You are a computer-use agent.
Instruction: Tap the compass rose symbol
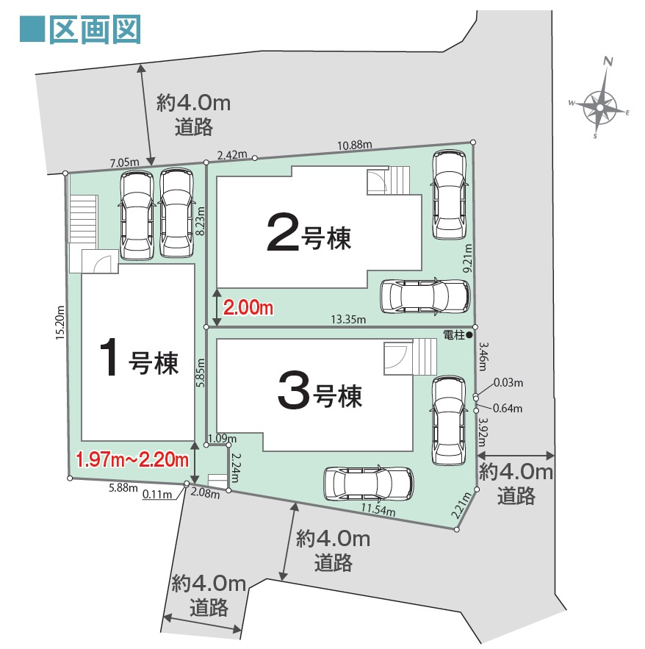tap(601, 107)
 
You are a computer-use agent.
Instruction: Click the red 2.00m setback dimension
tap(248, 309)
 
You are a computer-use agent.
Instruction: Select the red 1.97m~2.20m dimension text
tap(133, 460)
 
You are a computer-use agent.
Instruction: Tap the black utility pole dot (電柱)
tap(469, 334)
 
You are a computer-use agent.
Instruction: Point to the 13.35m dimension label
tap(348, 319)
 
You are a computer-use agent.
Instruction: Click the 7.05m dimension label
tap(123, 162)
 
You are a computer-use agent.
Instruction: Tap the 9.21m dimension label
tap(467, 260)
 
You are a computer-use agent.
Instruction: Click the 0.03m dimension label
tap(508, 383)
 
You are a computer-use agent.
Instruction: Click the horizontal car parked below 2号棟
tap(425, 296)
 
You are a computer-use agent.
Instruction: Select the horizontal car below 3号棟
tap(368, 482)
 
